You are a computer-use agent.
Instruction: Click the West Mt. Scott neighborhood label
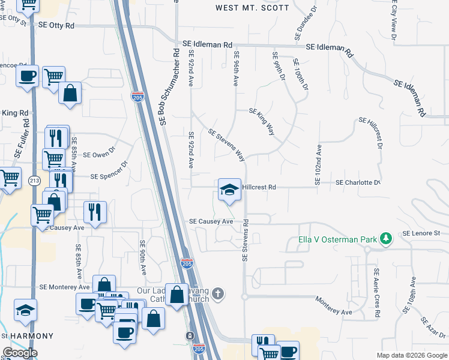252,8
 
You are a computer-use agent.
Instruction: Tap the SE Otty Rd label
56,26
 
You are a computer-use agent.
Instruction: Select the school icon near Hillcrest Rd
229,190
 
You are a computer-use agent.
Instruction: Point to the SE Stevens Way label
226,145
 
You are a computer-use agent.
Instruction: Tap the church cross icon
218,294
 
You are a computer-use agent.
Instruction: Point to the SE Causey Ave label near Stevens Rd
211,221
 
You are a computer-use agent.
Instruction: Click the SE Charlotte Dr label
358,182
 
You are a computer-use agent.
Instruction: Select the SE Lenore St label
421,233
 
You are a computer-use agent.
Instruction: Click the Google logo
20,353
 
